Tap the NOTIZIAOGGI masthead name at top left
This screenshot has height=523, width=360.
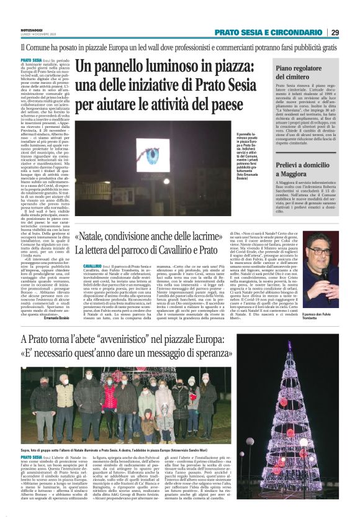click(15, 28)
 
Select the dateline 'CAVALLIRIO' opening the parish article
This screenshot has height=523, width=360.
click(92, 266)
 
